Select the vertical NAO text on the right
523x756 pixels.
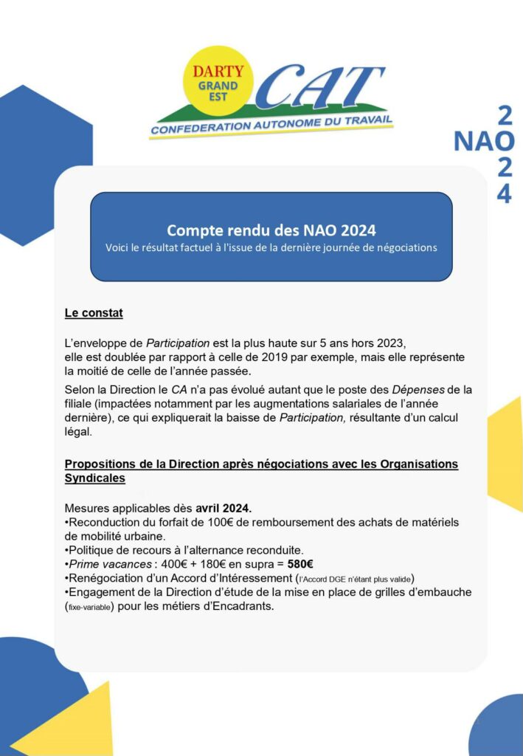[483, 140]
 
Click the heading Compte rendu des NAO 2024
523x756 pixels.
[271, 230]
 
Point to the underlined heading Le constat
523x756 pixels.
[94, 313]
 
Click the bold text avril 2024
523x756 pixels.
[224, 508]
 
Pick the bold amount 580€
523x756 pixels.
[300, 564]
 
